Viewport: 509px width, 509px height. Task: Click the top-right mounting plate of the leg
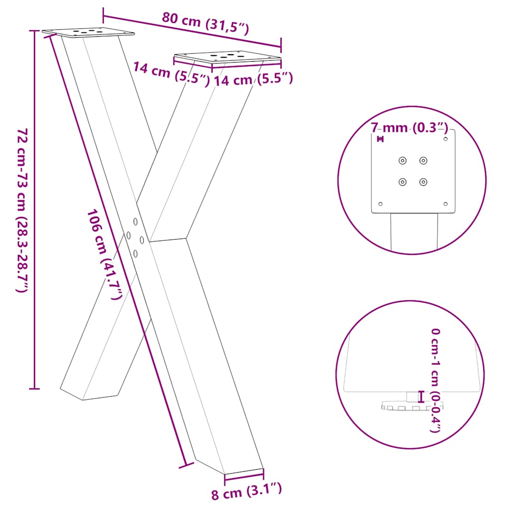228,57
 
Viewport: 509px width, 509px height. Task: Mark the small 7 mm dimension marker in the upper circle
381,140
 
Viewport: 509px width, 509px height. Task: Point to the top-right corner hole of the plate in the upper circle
445,139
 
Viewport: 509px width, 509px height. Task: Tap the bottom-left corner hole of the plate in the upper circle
381,204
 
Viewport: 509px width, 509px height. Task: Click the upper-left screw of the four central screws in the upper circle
402,160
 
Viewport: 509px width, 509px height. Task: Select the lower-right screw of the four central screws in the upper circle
423,182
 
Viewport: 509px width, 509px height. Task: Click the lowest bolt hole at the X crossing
135,253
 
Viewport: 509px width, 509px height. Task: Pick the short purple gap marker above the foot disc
422,396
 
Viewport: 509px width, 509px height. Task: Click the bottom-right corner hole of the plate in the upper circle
445,204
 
